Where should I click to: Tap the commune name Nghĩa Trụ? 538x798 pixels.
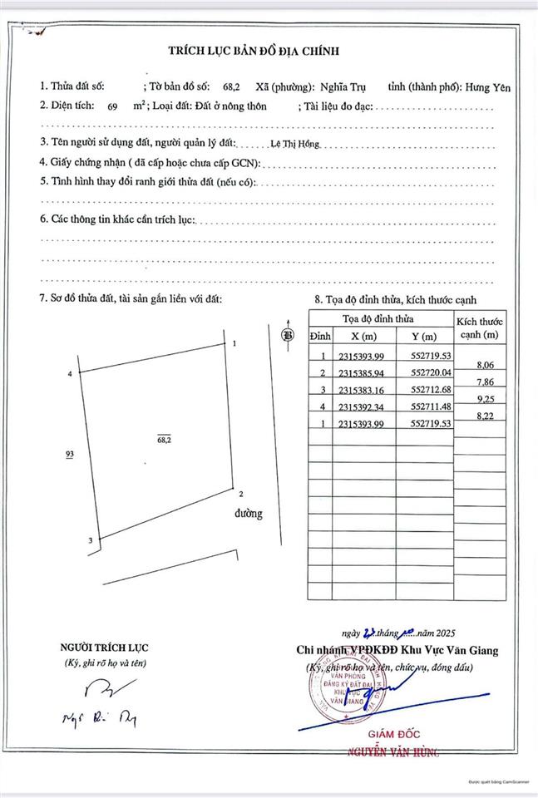pos(349,86)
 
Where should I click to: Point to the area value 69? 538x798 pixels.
pos(113,107)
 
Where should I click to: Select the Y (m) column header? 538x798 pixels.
pos(423,336)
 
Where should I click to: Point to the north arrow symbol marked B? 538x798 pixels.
pos(288,335)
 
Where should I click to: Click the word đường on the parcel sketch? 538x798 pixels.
pos(248,513)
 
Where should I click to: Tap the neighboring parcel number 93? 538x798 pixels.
pos(71,454)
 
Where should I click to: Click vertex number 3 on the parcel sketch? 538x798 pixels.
pos(90,542)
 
